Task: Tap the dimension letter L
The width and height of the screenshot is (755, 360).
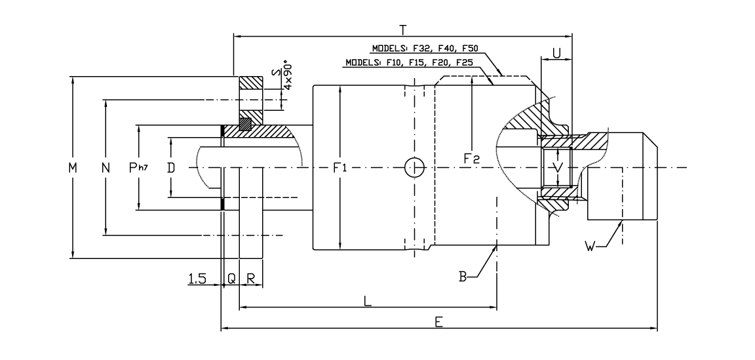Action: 368,300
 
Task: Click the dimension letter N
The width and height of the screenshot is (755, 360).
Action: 105,168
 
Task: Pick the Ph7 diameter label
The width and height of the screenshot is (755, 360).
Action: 138,168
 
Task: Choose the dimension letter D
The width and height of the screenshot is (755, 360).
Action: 171,168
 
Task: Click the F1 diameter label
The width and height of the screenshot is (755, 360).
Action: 340,168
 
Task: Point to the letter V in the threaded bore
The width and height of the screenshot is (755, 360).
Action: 558,168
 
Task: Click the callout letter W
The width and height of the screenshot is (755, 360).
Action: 590,247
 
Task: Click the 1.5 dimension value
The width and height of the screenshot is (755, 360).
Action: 197,279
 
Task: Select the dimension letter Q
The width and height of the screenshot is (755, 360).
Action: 231,279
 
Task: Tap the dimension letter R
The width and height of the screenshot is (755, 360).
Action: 251,279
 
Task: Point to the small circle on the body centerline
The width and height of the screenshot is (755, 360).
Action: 414,167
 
